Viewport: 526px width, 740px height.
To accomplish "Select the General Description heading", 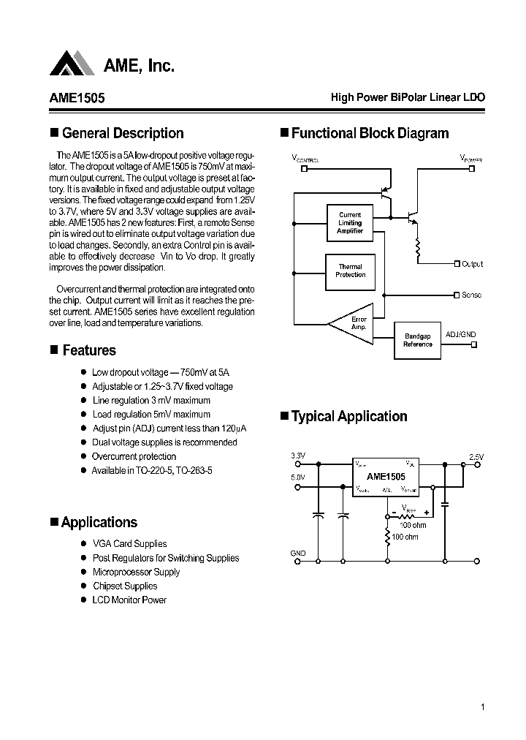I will click(123, 133).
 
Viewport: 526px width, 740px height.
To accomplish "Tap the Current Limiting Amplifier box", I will click(350, 222).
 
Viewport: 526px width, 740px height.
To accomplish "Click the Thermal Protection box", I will click(350, 271).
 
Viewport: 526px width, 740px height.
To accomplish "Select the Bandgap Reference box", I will click(418, 340).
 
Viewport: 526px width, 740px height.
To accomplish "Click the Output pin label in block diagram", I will click(472, 264).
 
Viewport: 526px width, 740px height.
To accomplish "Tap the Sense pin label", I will click(471, 295).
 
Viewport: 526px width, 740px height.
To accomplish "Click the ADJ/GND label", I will click(460, 334).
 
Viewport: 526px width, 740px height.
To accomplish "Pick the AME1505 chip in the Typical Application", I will click(385, 477).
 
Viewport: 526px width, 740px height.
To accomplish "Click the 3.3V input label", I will click(298, 456).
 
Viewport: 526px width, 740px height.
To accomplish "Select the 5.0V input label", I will click(298, 477).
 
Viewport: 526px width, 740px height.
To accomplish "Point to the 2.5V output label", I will click(476, 457).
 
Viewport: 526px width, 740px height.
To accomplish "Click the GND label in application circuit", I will click(298, 554).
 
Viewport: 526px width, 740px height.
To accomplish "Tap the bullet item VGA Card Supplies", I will click(129, 543).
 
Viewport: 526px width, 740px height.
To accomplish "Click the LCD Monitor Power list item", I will click(129, 600).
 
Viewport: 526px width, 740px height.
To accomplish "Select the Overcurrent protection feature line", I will click(134, 456).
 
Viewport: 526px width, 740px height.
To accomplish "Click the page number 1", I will click(483, 706).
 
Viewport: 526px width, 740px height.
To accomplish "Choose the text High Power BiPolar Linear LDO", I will click(408, 97).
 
